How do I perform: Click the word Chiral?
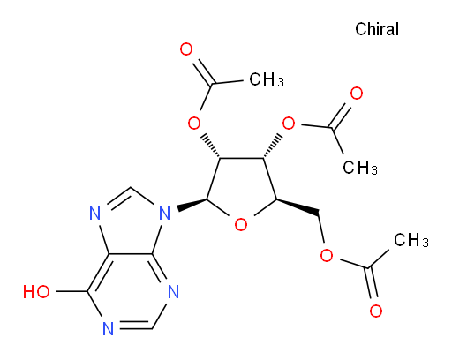[377, 29]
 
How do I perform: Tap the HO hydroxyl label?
[36, 292]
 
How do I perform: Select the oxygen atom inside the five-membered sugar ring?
[241, 225]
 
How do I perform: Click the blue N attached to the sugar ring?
[165, 213]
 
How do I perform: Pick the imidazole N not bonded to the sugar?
[94, 213]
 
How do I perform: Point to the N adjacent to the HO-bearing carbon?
[109, 329]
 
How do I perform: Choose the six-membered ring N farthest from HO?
[173, 292]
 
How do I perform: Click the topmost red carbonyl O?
[186, 49]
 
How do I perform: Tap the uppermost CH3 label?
[267, 79]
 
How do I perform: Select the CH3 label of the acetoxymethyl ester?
[411, 240]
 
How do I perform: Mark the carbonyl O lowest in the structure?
[376, 311]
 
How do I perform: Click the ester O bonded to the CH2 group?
[327, 255]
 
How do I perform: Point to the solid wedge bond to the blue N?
[192, 205]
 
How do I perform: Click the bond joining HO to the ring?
[72, 291]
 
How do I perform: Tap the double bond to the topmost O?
[203, 72]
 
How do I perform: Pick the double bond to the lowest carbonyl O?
[371, 283]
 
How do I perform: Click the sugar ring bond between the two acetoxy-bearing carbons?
[241, 159]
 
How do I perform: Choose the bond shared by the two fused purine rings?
[131, 253]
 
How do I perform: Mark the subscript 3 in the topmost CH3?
[281, 83]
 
